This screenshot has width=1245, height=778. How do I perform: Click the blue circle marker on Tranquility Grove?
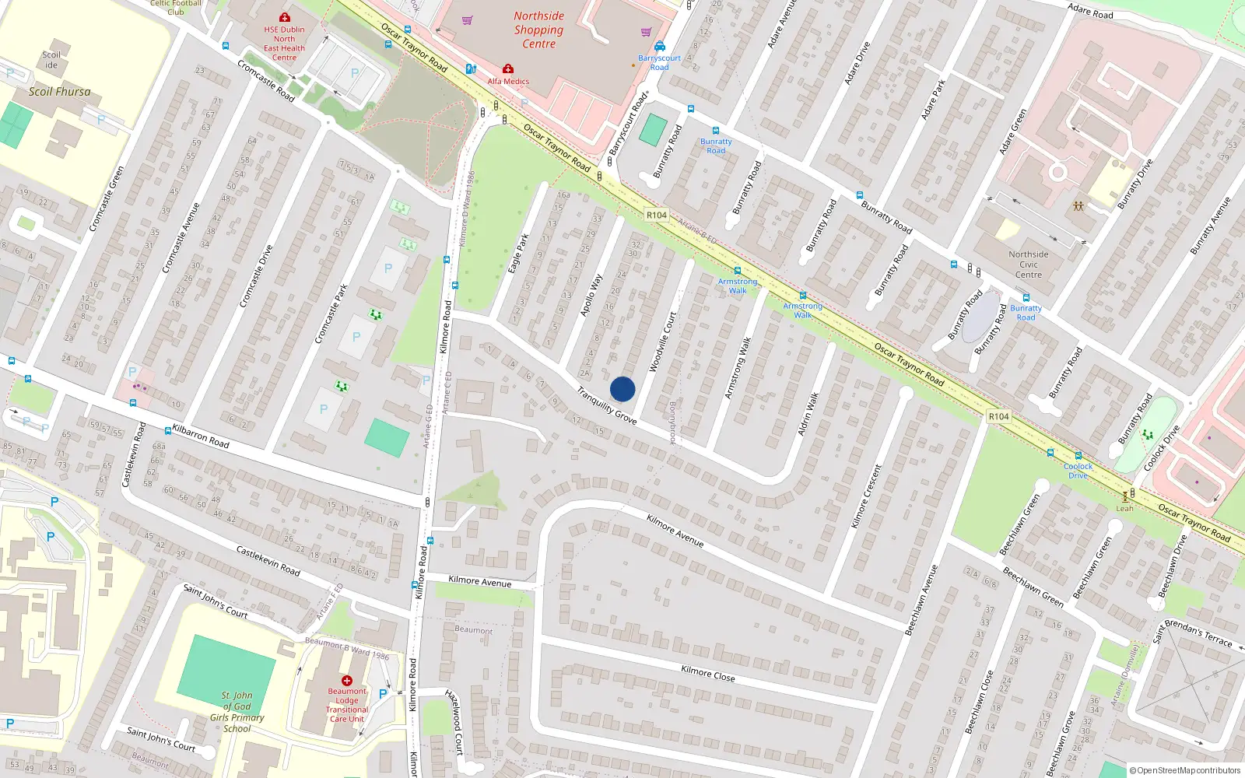click(x=622, y=389)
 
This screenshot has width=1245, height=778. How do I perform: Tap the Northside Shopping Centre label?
click(x=538, y=30)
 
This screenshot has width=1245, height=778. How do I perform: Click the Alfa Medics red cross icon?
click(x=508, y=68)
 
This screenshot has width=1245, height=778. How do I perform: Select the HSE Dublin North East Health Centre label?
click(x=284, y=44)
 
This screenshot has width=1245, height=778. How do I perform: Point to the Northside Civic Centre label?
click(x=1028, y=265)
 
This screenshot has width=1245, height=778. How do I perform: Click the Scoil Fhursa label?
click(x=59, y=92)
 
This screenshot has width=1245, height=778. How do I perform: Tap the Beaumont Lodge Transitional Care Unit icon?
click(x=347, y=681)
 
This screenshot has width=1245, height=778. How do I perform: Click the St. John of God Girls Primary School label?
click(x=237, y=712)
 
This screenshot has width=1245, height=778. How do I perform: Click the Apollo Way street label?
click(x=591, y=294)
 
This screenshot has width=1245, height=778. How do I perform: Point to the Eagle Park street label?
click(x=518, y=253)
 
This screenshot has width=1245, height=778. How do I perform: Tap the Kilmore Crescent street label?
click(x=866, y=496)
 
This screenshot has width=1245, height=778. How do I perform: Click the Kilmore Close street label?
click(x=707, y=673)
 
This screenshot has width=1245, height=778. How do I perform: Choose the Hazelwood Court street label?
click(x=454, y=722)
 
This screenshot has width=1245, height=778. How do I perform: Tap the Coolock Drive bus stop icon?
click(x=1078, y=456)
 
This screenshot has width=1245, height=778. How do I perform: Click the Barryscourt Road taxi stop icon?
click(x=660, y=47)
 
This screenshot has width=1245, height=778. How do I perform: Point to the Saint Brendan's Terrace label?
click(x=1192, y=633)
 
